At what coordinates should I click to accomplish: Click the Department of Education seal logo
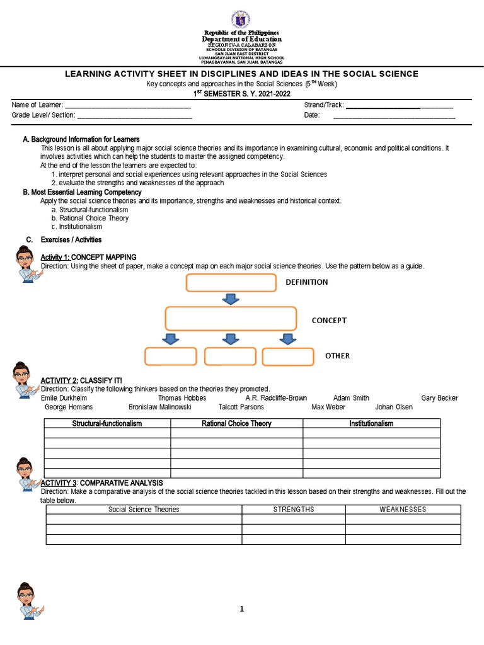pos(241,17)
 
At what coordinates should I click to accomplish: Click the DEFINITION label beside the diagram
pos(308,282)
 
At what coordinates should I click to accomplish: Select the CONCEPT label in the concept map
pos(329,321)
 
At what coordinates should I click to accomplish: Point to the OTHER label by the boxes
pos(337,356)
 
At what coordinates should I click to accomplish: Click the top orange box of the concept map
pos(231,283)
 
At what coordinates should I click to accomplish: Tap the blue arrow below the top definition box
pos(231,299)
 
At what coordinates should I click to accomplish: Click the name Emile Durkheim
pos(64,398)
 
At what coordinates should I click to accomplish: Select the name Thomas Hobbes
pos(182,398)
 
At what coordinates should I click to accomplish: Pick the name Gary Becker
pos(439,398)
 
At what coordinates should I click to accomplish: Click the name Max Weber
pos(329,407)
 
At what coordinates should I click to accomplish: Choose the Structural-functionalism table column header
pos(107,424)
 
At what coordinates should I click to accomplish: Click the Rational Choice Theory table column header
pos(236,424)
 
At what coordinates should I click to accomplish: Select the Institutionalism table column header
pos(371,424)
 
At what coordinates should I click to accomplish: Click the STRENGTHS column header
pos(294,510)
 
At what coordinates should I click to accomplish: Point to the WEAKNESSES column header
pos(403,510)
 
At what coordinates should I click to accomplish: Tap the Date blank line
pos(394,116)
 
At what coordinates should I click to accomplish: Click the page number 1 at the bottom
pos(241,609)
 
